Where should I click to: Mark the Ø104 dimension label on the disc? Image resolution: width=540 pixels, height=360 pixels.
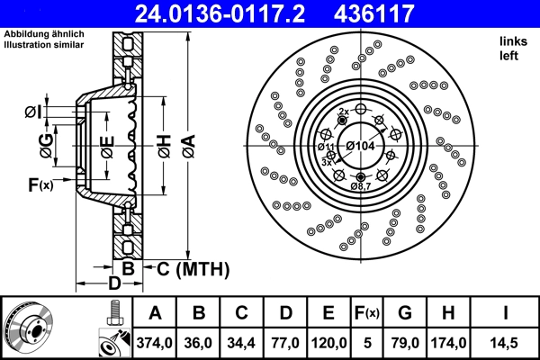coord(361,146)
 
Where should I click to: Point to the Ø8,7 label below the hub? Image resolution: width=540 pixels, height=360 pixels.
coord(361,185)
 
